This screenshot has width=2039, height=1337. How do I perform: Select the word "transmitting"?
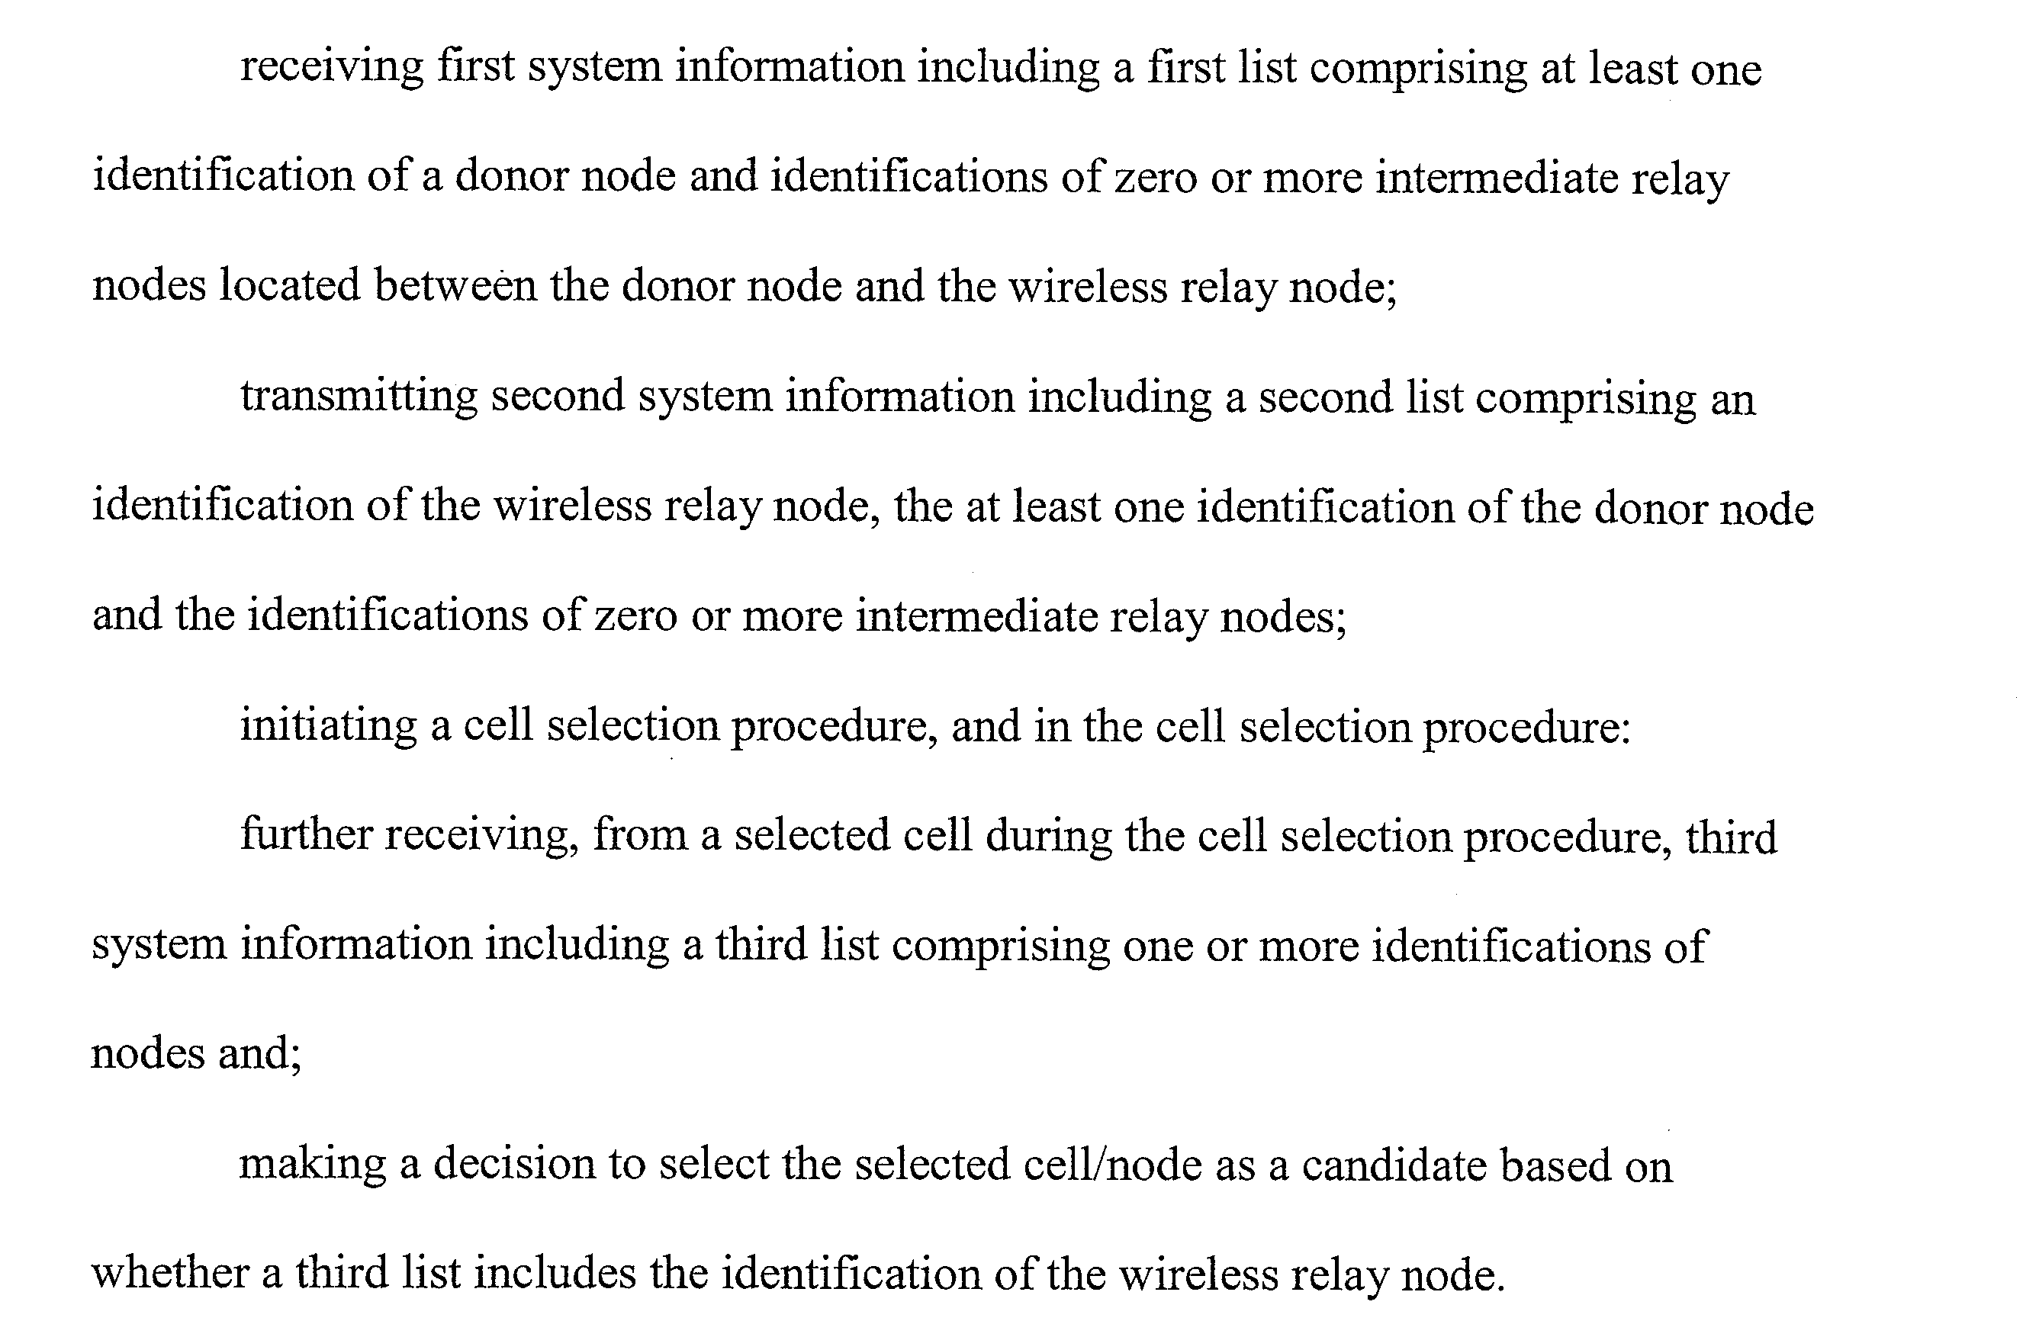(358, 397)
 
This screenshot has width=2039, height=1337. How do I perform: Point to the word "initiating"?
(328, 726)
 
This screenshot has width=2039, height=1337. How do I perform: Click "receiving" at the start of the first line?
(332, 68)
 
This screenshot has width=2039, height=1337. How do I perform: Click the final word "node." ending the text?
(1452, 1274)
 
